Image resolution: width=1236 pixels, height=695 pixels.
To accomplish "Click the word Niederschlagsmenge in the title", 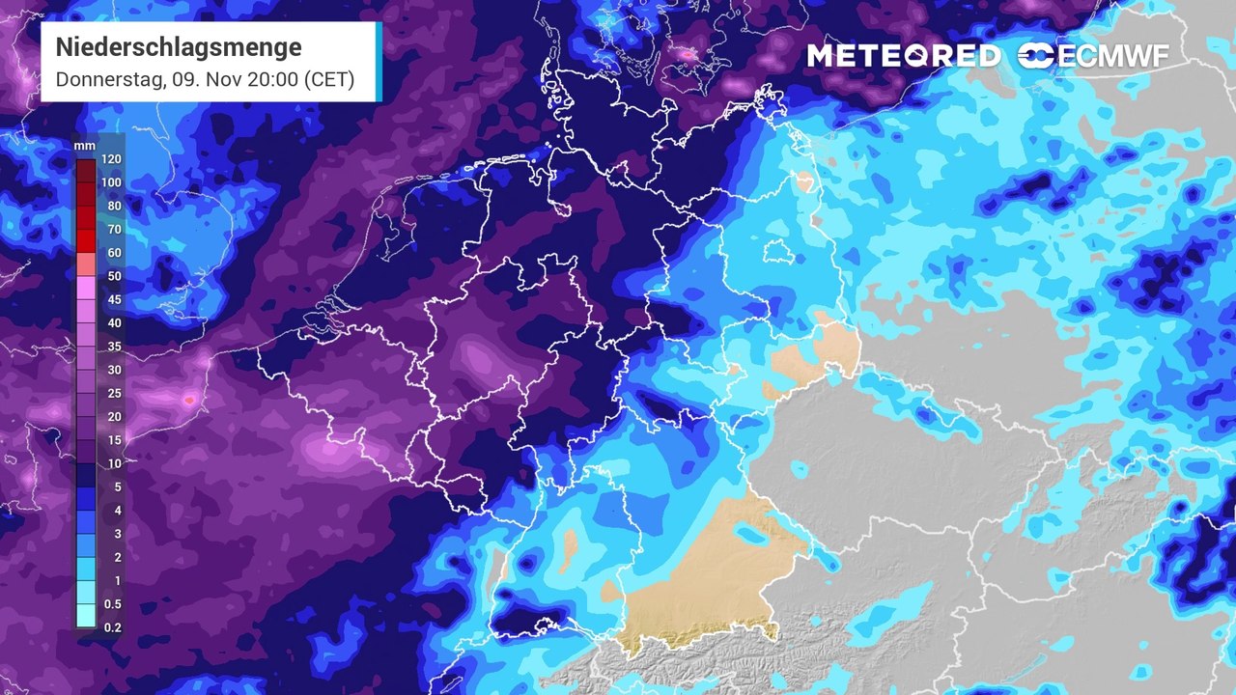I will click(x=179, y=47).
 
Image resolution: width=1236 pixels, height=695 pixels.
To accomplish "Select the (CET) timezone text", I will click(x=329, y=79).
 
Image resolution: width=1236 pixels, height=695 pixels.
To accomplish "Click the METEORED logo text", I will click(x=904, y=56).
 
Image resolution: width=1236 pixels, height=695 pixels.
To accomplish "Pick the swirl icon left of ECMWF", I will click(x=1035, y=56).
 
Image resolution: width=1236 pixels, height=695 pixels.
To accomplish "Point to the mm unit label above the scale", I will click(x=85, y=146).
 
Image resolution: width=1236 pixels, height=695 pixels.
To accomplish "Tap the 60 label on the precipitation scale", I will click(x=115, y=253).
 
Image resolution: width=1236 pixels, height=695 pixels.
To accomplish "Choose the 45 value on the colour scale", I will click(x=115, y=299).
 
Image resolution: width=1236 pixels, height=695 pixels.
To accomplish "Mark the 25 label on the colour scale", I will click(x=115, y=393).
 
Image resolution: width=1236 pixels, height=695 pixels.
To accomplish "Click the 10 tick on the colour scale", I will click(x=115, y=463).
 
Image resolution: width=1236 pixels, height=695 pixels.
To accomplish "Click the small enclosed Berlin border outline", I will click(x=778, y=252).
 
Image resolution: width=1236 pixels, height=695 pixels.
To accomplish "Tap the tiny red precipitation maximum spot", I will click(x=189, y=399).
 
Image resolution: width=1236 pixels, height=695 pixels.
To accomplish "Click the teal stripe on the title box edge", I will click(x=379, y=62).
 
